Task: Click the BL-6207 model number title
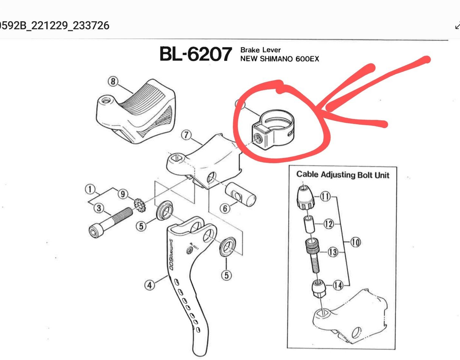196,54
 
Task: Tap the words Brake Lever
261,50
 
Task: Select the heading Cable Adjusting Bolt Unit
343,175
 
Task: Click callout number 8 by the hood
113,81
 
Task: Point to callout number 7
186,135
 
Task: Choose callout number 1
90,189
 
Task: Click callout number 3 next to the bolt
99,208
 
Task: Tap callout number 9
123,194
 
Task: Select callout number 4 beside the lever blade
150,285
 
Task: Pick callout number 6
225,208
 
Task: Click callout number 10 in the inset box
355,242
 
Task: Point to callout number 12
328,224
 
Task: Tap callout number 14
338,285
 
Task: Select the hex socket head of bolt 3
95,231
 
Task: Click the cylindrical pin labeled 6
240,194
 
